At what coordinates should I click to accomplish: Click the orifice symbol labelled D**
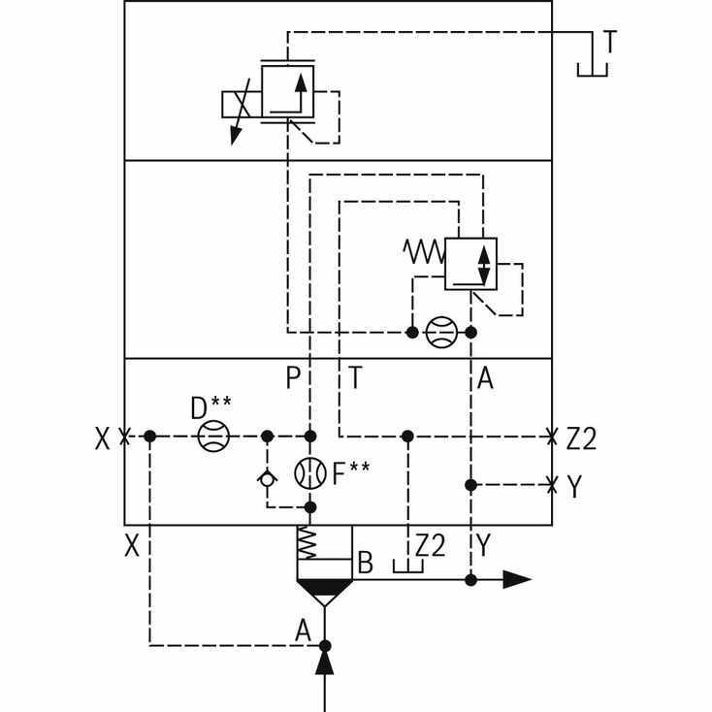[213, 436]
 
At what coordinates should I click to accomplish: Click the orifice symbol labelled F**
[310, 473]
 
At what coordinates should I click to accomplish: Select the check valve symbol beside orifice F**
[267, 479]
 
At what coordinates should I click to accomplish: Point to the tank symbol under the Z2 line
[407, 566]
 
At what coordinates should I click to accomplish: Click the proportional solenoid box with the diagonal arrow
[242, 105]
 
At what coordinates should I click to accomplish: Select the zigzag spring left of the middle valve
[424, 251]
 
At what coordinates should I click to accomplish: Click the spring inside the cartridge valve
[307, 542]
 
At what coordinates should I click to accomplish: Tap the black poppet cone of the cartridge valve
[324, 588]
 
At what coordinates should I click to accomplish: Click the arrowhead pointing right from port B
[517, 580]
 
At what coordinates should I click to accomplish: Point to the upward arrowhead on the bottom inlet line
[325, 663]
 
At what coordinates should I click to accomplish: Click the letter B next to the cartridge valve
[366, 563]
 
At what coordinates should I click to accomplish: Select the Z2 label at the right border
[581, 438]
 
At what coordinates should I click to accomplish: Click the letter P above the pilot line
[293, 377]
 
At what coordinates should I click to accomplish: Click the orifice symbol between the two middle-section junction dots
[441, 333]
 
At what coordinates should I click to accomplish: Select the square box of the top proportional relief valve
[287, 92]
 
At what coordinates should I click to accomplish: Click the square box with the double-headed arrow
[470, 264]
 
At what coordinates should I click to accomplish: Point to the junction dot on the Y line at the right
[470, 485]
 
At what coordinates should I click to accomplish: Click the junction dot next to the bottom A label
[325, 645]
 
